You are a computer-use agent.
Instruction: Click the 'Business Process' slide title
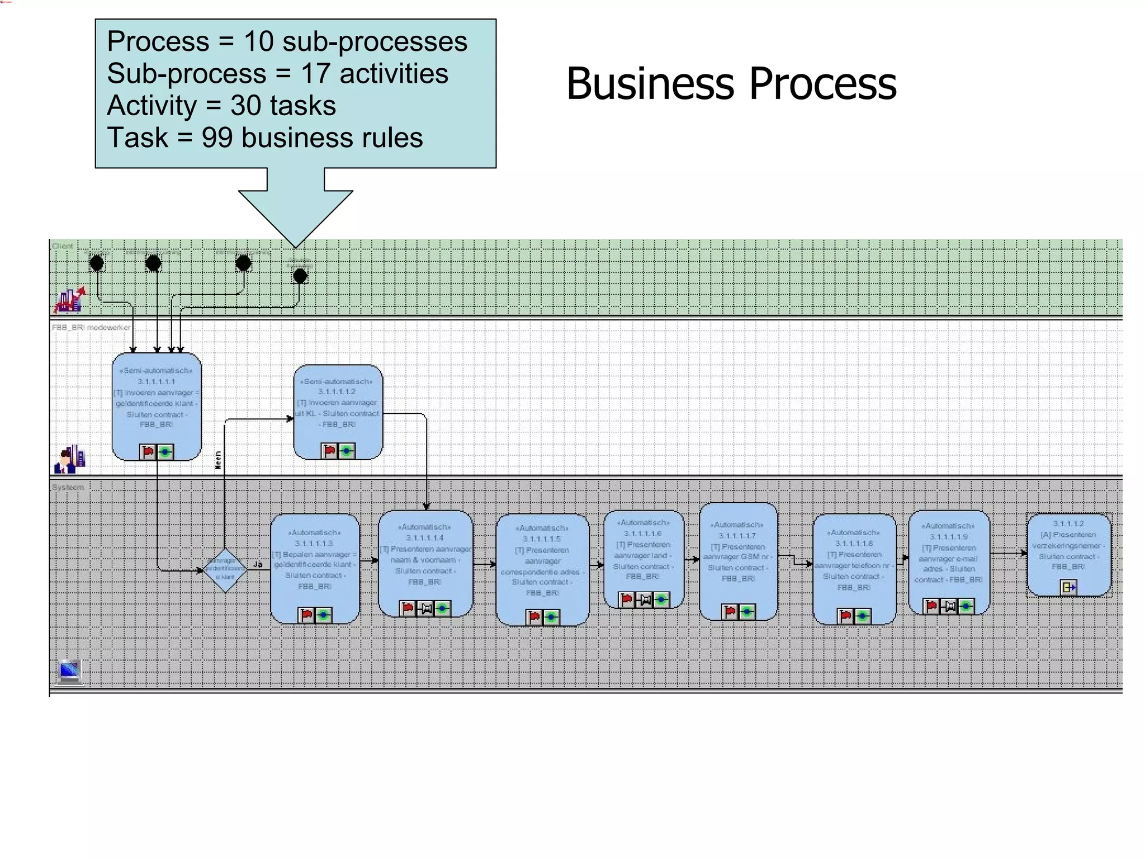(731, 84)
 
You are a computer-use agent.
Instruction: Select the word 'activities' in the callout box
(394, 74)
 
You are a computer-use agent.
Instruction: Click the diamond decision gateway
(225, 570)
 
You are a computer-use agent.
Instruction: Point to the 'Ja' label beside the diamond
(258, 564)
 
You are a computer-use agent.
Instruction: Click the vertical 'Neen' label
(218, 460)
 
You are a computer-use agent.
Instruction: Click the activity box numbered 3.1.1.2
(1068, 551)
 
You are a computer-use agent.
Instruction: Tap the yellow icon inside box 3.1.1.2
(1068, 587)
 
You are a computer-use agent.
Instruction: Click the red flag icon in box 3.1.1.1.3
(306, 615)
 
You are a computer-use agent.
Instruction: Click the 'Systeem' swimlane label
(68, 487)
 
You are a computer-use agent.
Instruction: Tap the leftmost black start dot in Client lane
(97, 263)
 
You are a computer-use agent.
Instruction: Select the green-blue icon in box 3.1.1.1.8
(863, 616)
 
